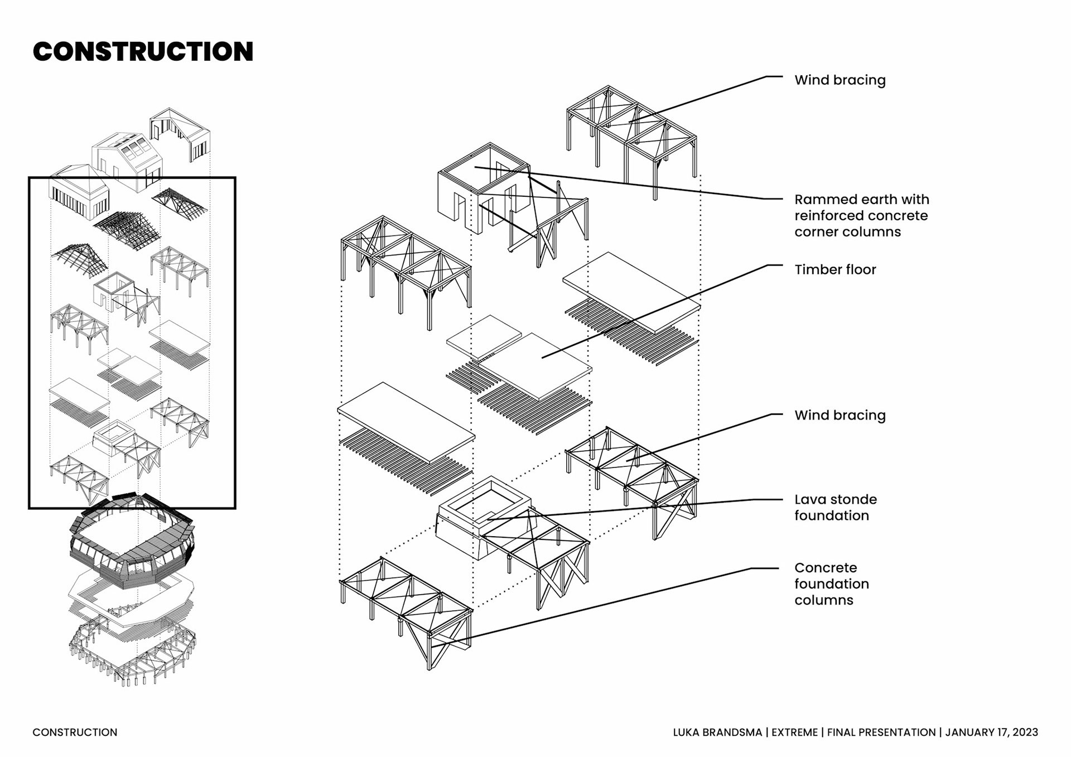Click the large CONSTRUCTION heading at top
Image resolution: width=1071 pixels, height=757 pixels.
coord(143,51)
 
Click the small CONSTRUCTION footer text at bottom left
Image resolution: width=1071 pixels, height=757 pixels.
coord(75,732)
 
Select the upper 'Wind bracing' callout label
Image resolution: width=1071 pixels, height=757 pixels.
coord(840,80)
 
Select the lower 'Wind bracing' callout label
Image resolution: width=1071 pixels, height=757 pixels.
coord(840,415)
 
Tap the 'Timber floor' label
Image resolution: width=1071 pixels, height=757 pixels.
coord(835,269)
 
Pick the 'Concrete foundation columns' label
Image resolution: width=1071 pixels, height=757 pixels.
coord(831,584)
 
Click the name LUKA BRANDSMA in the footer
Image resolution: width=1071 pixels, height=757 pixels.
coord(717,732)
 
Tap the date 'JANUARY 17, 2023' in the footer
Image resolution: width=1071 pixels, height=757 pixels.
coord(991,732)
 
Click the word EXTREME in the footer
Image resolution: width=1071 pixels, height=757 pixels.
coord(794,732)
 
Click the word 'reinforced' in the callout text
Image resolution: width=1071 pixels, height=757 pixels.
coord(832,216)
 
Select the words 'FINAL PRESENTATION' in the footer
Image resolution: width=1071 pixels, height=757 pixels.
coord(881,732)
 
